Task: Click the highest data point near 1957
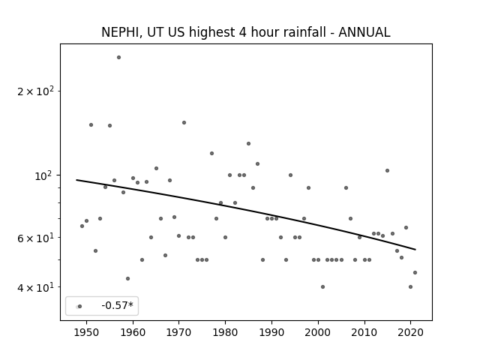(118, 57)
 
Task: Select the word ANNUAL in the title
(364, 32)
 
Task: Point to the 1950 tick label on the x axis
(87, 332)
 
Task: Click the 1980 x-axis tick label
(225, 332)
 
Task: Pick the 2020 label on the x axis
(410, 332)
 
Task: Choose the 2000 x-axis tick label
(318, 332)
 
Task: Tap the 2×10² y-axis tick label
(35, 91)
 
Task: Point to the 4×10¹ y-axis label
(35, 287)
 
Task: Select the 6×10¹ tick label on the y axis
(35, 238)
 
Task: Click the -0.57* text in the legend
(118, 305)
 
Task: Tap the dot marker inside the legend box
(79, 306)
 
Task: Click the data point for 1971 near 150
(184, 122)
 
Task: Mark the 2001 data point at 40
(322, 286)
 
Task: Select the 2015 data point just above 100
(387, 170)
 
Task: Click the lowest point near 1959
(127, 278)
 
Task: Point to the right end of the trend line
(415, 250)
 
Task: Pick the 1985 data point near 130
(248, 143)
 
